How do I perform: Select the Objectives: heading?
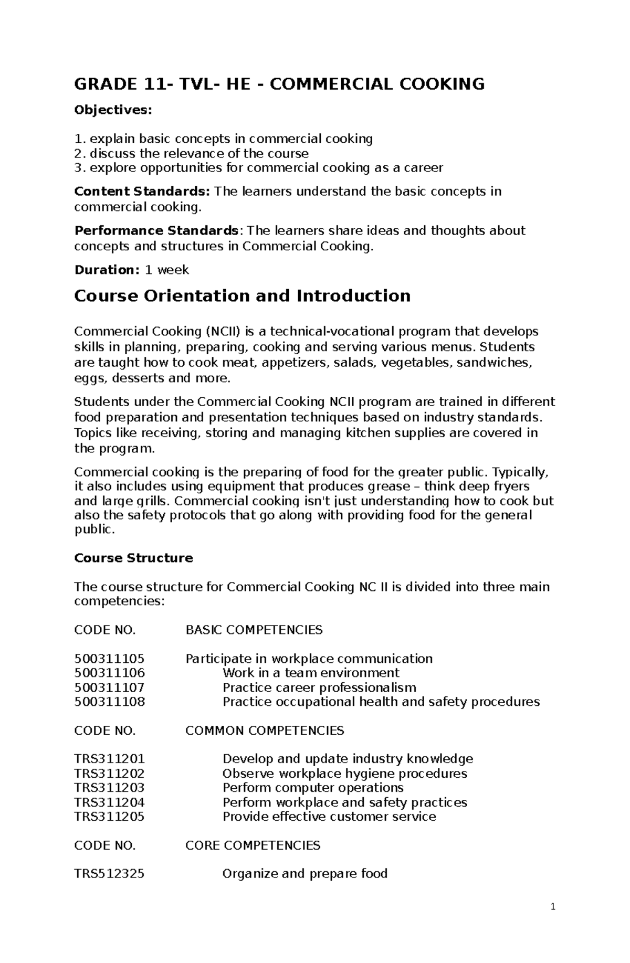[x=113, y=110]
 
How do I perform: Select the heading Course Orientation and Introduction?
[x=242, y=296]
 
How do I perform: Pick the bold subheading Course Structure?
[x=133, y=558]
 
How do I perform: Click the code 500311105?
[x=109, y=659]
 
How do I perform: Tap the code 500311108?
[x=109, y=702]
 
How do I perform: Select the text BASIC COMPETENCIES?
[x=254, y=630]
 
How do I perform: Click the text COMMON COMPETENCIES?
[x=265, y=731]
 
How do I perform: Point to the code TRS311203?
[x=109, y=788]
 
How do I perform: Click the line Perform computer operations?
[x=313, y=788]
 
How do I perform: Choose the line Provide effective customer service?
[x=329, y=817]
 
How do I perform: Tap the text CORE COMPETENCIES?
[x=253, y=845]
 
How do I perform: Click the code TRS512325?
[x=109, y=874]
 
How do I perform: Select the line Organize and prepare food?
[x=305, y=874]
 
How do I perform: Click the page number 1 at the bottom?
[x=553, y=922]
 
